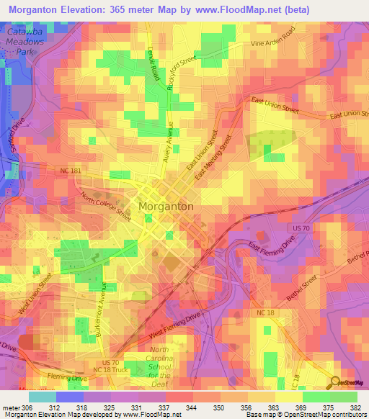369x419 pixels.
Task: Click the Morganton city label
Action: [165, 206]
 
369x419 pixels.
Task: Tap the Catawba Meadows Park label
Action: [26, 44]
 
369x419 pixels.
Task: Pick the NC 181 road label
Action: [71, 170]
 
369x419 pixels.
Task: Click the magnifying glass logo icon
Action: [335, 382]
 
